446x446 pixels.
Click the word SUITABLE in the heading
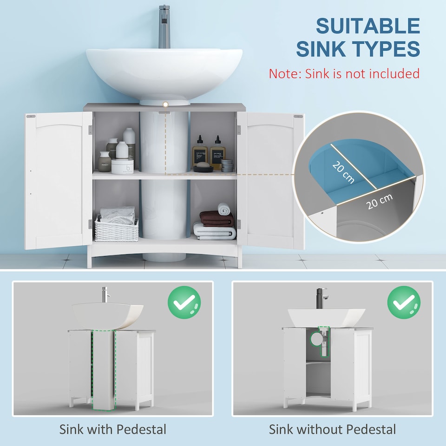pyautogui.click(x=367, y=26)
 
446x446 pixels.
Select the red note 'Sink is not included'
pyautogui.click(x=344, y=73)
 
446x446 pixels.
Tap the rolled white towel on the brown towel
pyautogui.click(x=224, y=209)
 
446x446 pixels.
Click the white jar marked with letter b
pyautogui.click(x=122, y=166)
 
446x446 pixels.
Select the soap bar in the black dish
pyautogui.click(x=201, y=164)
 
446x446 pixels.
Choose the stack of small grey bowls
pyautogui.click(x=227, y=165)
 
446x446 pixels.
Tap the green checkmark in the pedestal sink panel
pyautogui.click(x=184, y=302)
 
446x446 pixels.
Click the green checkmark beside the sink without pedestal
pyautogui.click(x=404, y=302)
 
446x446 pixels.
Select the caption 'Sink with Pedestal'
pyautogui.click(x=112, y=429)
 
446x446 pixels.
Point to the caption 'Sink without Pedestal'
pyautogui.click(x=332, y=429)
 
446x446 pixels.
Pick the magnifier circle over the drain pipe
pyautogui.click(x=316, y=337)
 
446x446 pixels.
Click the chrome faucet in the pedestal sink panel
pyautogui.click(x=106, y=295)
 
